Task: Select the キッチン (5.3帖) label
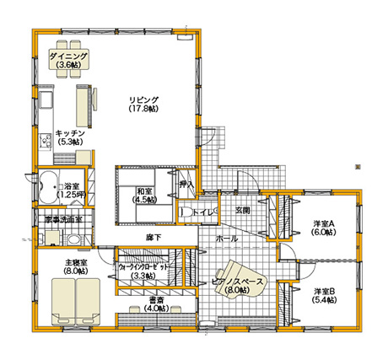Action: pyautogui.click(x=69, y=137)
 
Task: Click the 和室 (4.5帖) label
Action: pyautogui.click(x=144, y=196)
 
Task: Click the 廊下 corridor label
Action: pyautogui.click(x=153, y=237)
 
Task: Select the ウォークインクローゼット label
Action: pyautogui.click(x=143, y=270)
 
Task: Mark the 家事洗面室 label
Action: pyautogui.click(x=62, y=220)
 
